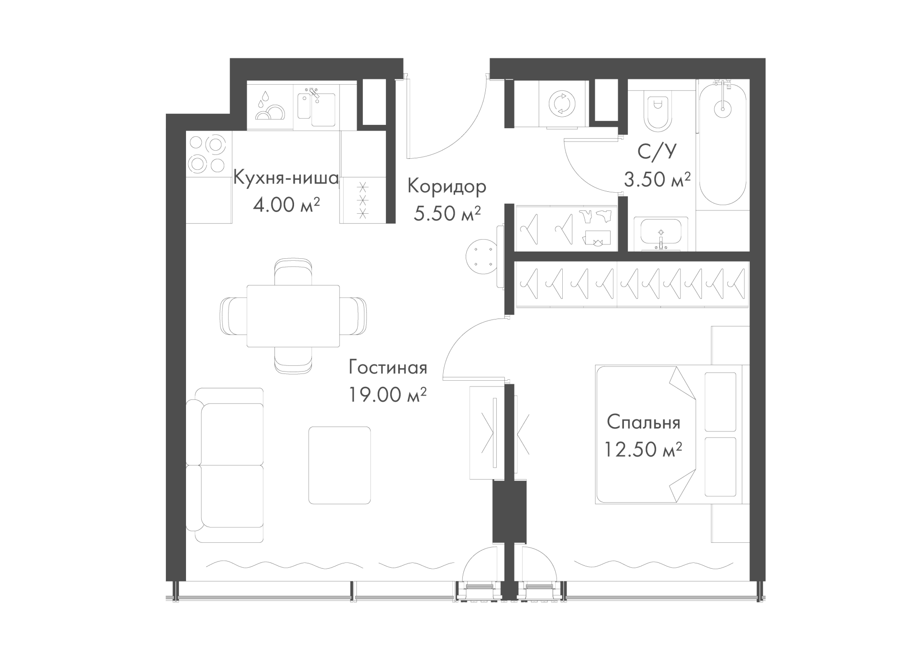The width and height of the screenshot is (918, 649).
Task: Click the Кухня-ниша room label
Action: [x=286, y=178]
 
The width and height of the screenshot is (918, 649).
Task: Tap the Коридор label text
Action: [x=447, y=187]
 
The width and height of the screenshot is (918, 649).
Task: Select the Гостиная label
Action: [x=388, y=367]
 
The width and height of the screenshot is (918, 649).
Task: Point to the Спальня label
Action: [x=644, y=422]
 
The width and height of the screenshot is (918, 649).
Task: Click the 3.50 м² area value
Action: [x=657, y=179]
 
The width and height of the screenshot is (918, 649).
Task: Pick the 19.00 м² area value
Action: [x=388, y=395]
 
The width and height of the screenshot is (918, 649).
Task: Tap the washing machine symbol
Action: [x=562, y=103]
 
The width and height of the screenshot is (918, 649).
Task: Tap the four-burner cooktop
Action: [x=208, y=154]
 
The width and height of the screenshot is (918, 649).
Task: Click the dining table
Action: [x=293, y=316]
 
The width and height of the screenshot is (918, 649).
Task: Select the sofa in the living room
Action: [x=225, y=465]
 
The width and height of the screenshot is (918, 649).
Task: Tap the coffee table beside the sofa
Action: [x=339, y=465]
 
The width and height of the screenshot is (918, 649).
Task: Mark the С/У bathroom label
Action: [x=657, y=152]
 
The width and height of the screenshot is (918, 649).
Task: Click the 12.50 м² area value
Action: [x=644, y=450]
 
